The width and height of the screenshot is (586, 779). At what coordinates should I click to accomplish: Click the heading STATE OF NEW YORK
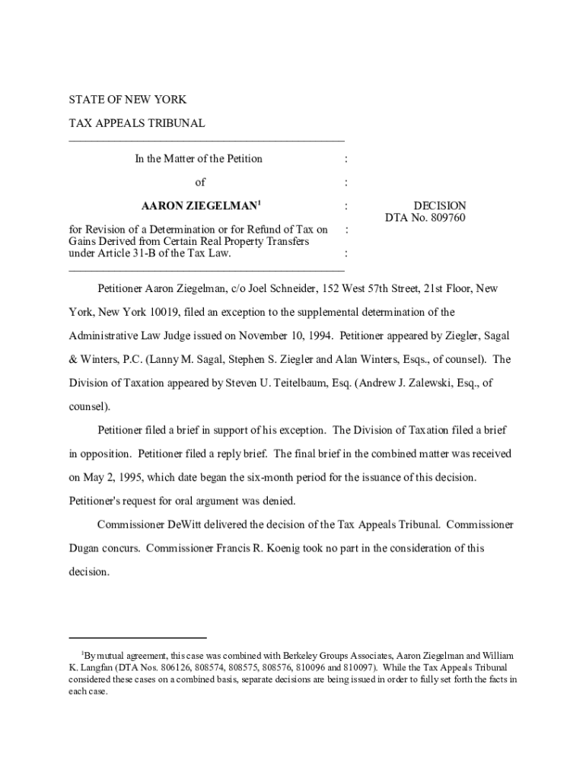coord(127,100)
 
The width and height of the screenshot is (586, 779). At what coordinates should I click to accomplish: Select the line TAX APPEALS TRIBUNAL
coord(137,123)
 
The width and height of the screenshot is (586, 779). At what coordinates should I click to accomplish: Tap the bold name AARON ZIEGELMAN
coord(199,206)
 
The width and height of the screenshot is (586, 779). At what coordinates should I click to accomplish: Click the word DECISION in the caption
coord(439,206)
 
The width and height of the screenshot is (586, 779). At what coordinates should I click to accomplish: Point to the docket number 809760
coord(447,218)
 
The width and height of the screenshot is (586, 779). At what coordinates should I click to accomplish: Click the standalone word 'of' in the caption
coord(200,183)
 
